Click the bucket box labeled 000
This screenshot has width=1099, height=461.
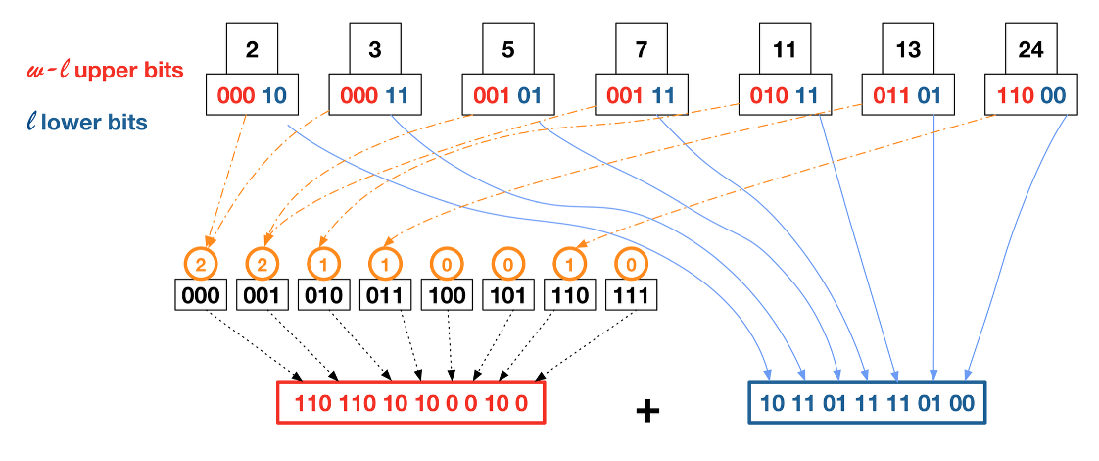click(201, 294)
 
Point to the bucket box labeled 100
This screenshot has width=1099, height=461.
click(447, 294)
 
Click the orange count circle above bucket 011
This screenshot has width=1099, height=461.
click(385, 263)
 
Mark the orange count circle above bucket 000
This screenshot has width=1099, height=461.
click(201, 263)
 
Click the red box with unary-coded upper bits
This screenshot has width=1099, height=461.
click(410, 402)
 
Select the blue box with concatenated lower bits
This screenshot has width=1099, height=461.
click(867, 402)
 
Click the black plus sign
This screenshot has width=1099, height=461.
click(646, 410)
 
